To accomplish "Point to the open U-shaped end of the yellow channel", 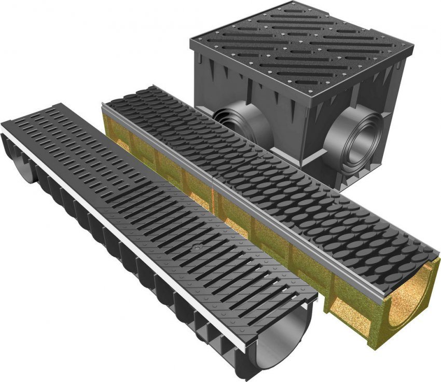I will click(x=410, y=306).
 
